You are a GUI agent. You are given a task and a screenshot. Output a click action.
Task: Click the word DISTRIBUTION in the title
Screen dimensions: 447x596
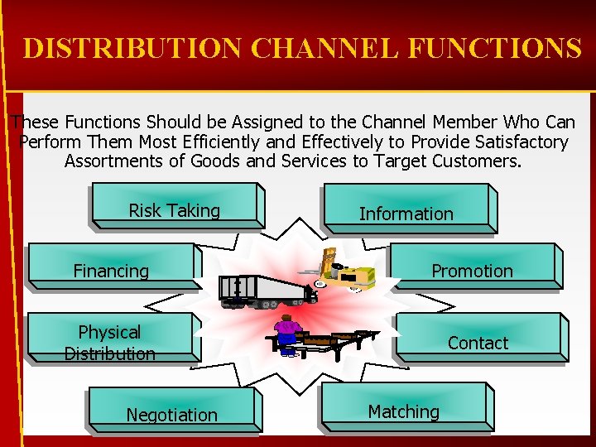[133, 49]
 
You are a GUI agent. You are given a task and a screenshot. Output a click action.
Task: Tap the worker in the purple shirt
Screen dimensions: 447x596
[287, 334]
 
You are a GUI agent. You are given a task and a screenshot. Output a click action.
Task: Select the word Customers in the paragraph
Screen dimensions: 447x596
[478, 161]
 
